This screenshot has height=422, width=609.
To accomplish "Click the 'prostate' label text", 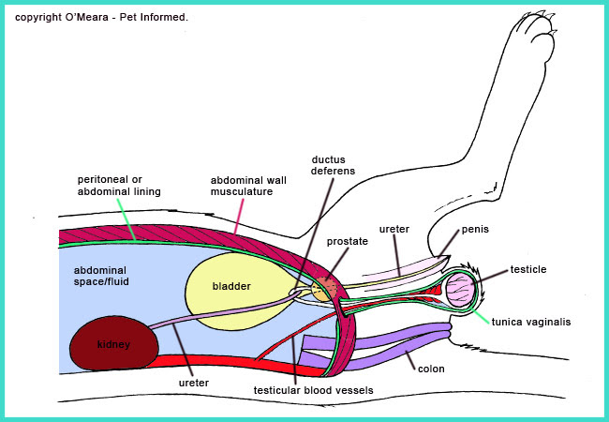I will click(x=347, y=241).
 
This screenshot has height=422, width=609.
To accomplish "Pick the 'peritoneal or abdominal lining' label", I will click(x=120, y=185).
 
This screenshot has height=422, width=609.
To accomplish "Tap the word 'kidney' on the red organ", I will click(x=114, y=345).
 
